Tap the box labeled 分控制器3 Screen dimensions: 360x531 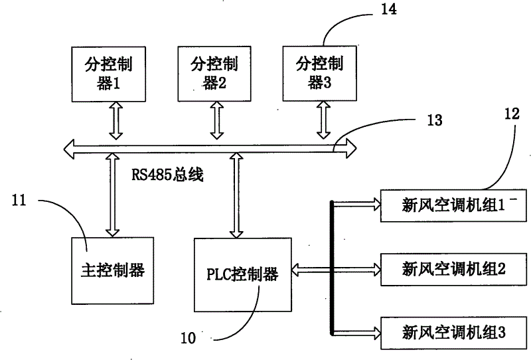coord(316,74)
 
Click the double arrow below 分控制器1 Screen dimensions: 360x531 coord(116,120)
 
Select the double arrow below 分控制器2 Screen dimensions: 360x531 coord(216,120)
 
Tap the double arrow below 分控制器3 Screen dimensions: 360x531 coord(325,120)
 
